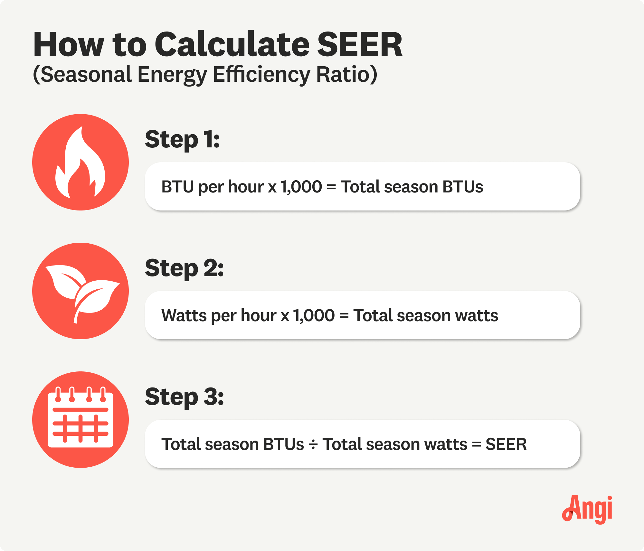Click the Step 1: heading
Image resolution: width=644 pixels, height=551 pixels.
point(182,140)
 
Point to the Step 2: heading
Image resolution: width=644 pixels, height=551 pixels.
point(184,268)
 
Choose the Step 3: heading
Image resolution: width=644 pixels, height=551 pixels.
point(184,397)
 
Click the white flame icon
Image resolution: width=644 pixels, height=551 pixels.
point(80,163)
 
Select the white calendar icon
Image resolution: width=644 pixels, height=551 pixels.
point(80,418)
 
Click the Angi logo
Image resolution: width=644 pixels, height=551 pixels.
point(587,509)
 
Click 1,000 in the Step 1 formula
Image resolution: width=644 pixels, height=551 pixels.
point(301,187)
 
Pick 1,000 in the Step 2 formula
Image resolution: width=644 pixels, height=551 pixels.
point(314,315)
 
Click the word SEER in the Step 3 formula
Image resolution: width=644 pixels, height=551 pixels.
point(506,444)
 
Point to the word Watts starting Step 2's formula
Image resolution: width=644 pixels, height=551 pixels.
point(184,315)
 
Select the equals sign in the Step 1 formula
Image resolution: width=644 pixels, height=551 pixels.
point(331,187)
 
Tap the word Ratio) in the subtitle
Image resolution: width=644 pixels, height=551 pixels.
point(346,75)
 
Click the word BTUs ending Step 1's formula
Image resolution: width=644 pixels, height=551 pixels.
point(463,187)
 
